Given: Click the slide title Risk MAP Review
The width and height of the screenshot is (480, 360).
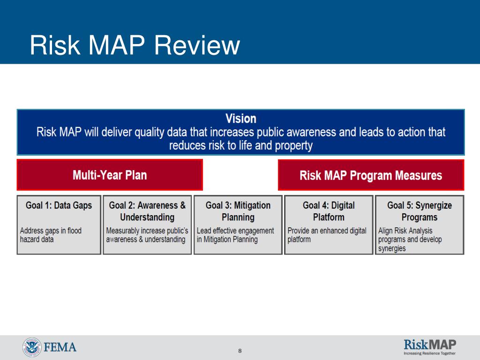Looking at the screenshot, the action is [x=135, y=45].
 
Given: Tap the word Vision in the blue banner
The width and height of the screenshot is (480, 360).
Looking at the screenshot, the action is [x=241, y=119].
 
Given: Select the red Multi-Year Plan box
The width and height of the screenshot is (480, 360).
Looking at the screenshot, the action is [x=110, y=175].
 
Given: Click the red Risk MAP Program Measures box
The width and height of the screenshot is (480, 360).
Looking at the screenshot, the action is [x=371, y=175].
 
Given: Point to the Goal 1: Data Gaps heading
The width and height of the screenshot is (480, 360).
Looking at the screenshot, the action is [x=59, y=205].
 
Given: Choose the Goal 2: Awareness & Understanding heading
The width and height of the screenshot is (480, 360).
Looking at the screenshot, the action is [x=147, y=211].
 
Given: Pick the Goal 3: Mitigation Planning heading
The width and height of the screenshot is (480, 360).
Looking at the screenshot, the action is [x=238, y=211].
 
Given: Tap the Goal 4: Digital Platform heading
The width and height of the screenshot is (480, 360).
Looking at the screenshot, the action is [x=329, y=211].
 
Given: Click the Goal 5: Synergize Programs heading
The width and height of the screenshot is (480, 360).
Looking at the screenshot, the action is [x=420, y=211].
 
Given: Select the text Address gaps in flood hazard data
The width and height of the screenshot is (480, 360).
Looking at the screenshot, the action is [x=51, y=235].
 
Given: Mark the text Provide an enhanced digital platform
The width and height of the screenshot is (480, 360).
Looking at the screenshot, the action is [x=327, y=235].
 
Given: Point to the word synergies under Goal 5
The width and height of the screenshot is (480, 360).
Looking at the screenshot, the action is [x=392, y=248].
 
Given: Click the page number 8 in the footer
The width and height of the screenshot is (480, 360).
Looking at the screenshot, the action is [x=240, y=351].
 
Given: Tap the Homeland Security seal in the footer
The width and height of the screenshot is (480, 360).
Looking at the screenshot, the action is [x=32, y=347].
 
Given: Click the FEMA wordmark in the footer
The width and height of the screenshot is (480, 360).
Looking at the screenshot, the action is [x=60, y=347].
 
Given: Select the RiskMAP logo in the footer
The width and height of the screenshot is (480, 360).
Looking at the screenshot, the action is [x=430, y=345].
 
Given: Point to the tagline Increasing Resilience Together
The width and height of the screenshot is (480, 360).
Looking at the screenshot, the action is [x=430, y=353].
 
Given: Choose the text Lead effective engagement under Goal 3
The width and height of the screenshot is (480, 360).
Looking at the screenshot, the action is [x=235, y=231].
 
